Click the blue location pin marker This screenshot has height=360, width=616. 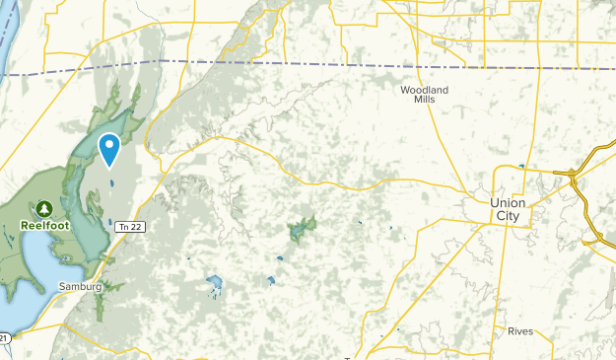point(109,148)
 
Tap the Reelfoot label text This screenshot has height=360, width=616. point(45,225)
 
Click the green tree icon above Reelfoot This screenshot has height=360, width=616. point(45,208)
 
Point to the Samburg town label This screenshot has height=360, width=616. point(80,286)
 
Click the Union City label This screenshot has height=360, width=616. point(509,209)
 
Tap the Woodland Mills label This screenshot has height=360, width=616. point(424,95)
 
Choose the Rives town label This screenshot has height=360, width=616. point(520,331)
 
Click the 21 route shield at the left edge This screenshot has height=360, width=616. point(5,338)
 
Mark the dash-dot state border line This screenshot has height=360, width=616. point(296,64)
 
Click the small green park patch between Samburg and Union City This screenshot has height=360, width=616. point(301,230)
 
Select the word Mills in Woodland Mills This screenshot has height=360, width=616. point(424,101)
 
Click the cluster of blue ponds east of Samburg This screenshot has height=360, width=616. point(214,286)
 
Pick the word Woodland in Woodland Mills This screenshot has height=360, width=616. point(424,90)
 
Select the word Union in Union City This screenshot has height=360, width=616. point(509,202)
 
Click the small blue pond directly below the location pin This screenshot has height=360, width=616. point(111,182)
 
